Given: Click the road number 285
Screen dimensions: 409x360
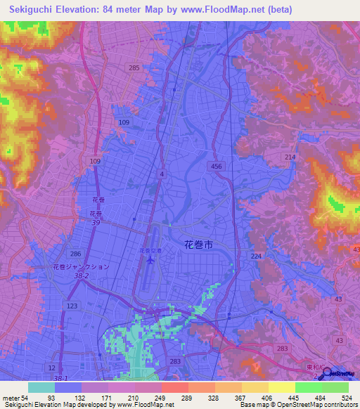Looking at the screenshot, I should [x=134, y=68].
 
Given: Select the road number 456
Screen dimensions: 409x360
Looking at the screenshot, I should [x=217, y=166].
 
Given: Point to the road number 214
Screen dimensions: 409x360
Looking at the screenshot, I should [x=290, y=157].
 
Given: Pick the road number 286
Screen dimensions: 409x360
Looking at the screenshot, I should [x=75, y=253].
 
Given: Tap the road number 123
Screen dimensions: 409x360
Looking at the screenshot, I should [x=72, y=306].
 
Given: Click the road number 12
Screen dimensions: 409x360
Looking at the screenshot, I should [x=52, y=368].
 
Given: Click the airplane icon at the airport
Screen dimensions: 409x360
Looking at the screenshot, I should [x=150, y=261].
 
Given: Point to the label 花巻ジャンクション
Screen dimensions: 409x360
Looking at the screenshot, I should [x=81, y=267].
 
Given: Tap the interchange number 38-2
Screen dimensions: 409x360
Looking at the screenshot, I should [x=82, y=277].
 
